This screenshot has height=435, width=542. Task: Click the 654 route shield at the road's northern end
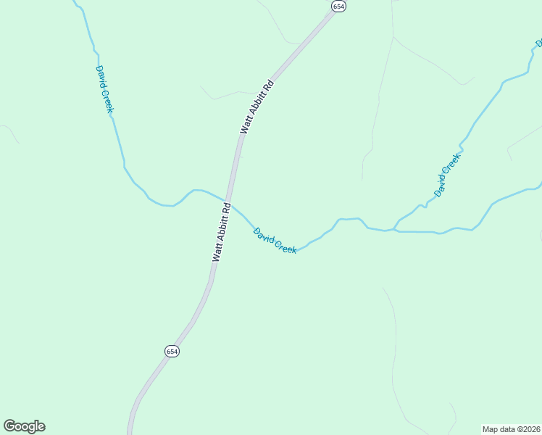pyautogui.click(x=338, y=6)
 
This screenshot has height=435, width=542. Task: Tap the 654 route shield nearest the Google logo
pyautogui.click(x=171, y=351)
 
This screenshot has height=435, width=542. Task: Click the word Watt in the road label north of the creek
pyautogui.click(x=246, y=125)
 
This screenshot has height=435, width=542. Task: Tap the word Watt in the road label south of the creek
pyautogui.click(x=216, y=253)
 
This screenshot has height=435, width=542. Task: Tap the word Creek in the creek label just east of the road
pyautogui.click(x=285, y=246)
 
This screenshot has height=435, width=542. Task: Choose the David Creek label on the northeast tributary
pyautogui.click(x=447, y=175)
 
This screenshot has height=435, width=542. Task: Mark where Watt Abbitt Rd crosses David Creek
pyautogui.click(x=228, y=202)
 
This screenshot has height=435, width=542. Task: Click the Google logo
pyautogui.click(x=24, y=426)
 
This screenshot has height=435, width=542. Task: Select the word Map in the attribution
pyautogui.click(x=491, y=429)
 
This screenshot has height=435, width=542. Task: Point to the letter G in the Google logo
pyautogui.click(x=10, y=426)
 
